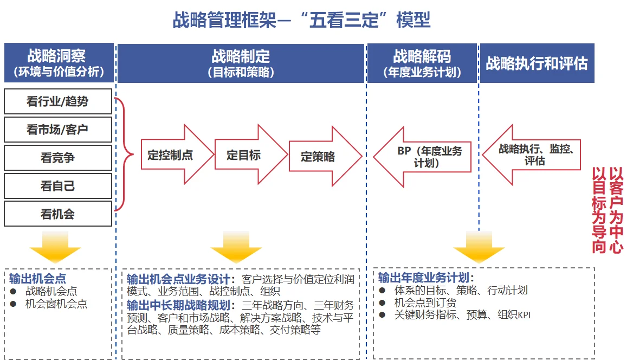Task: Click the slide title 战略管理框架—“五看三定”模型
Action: tap(301, 20)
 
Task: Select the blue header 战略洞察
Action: tap(59, 62)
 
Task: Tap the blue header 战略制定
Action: tap(241, 62)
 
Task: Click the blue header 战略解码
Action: tap(422, 62)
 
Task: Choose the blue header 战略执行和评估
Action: tap(537, 63)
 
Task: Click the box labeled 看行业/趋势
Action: tap(58, 101)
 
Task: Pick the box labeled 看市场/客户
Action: tap(58, 130)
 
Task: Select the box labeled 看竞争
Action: tap(58, 158)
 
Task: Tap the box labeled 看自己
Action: tap(58, 186)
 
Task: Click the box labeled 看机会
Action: tap(58, 214)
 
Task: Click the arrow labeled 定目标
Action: tap(247, 155)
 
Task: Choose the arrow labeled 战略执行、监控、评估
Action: tap(531, 155)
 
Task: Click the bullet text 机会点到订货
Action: tap(425, 303)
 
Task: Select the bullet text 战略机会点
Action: tap(51, 291)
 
